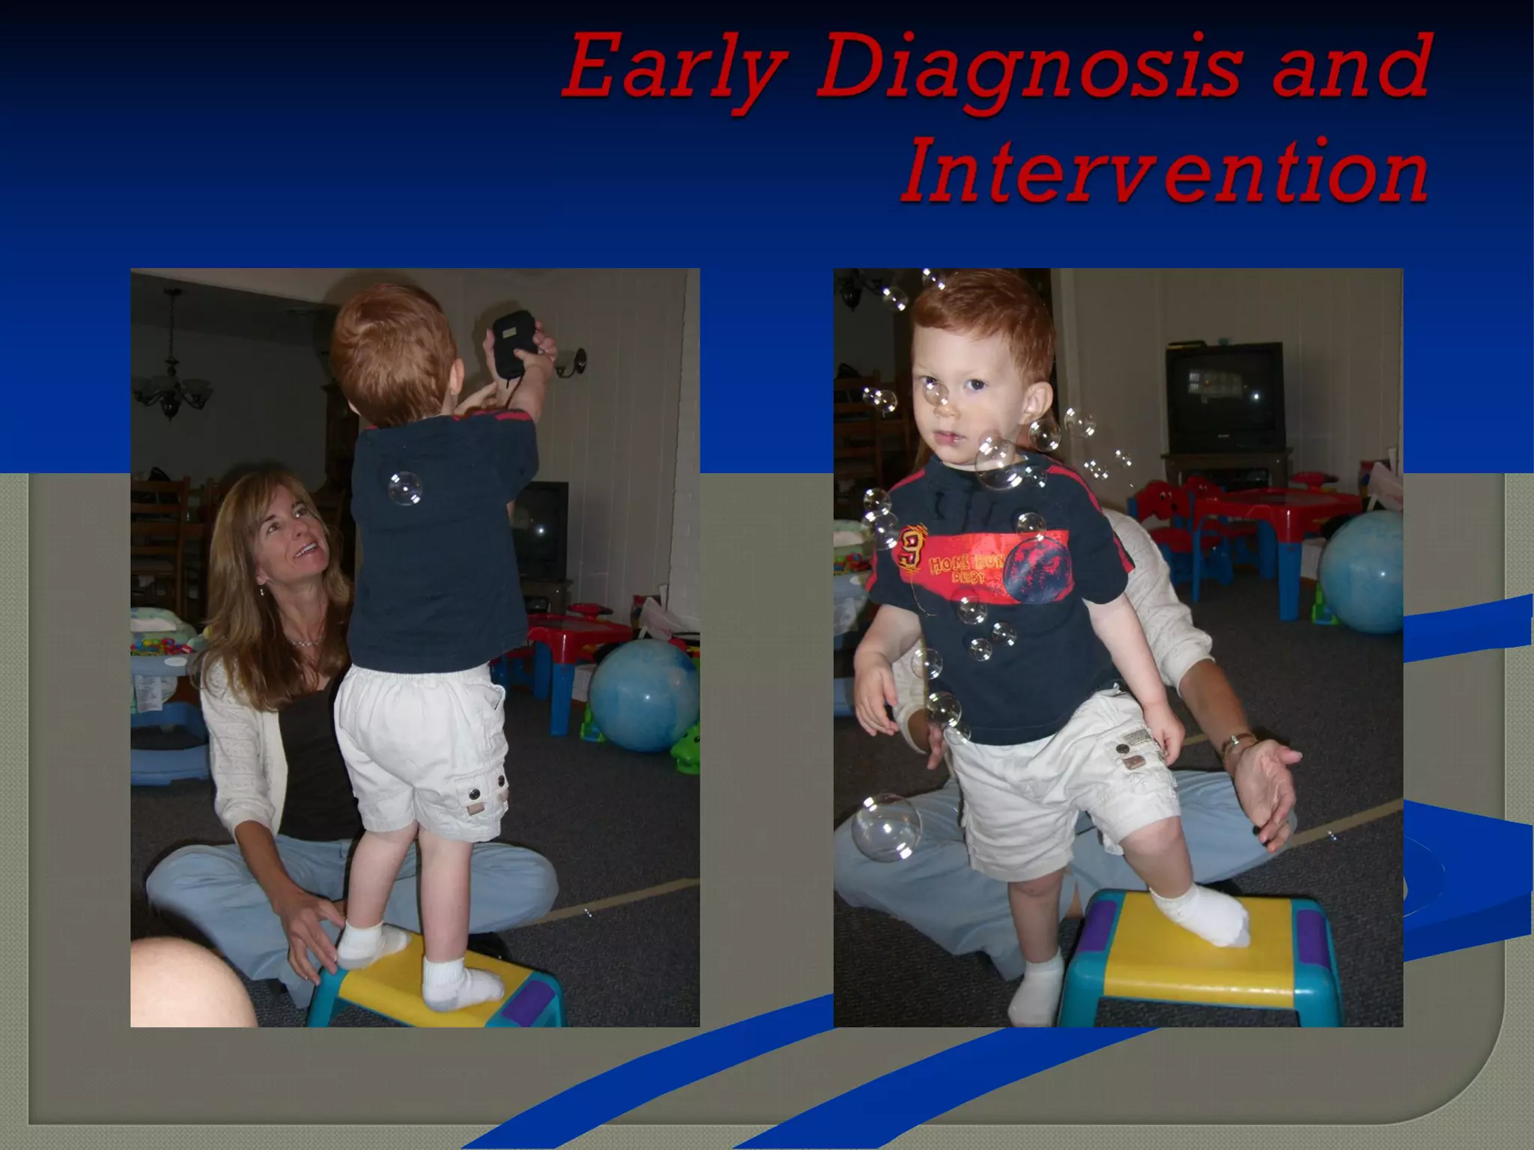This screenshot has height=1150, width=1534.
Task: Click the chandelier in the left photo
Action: [172, 382]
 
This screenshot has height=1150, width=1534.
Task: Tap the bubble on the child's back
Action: [405, 488]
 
